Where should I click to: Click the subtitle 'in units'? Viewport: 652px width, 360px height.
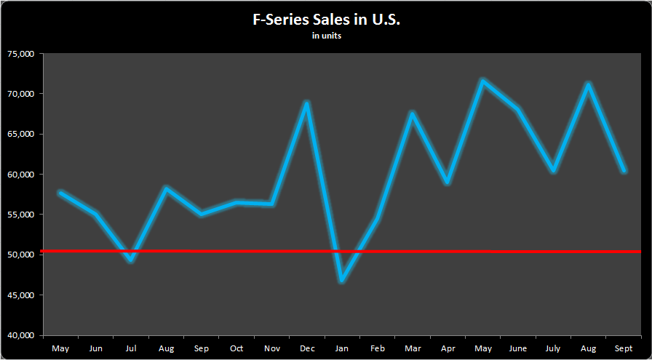326,35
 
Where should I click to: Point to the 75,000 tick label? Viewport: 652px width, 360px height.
21,54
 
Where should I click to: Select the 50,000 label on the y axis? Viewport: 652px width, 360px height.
21,255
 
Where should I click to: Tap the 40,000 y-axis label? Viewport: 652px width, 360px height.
21,336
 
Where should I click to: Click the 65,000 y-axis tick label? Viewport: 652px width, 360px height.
21,135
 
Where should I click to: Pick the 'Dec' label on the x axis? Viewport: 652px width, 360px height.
307,349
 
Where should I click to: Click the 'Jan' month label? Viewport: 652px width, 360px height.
342,349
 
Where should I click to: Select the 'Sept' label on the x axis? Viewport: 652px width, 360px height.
624,349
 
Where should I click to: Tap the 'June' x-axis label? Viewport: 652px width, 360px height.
518,349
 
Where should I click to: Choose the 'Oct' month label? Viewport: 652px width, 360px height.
236,349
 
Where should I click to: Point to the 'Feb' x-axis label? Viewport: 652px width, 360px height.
378,349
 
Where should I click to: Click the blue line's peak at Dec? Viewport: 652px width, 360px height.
307,103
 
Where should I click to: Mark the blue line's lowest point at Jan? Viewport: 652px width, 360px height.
342,280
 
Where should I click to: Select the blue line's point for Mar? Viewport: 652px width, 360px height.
413,113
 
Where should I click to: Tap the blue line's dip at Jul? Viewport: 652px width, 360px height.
131,260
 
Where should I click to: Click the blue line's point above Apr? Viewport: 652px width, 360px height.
448,183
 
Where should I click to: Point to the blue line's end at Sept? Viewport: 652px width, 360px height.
624,171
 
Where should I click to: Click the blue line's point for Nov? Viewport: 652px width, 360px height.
272,204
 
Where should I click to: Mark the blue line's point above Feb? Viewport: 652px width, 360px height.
378,218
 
